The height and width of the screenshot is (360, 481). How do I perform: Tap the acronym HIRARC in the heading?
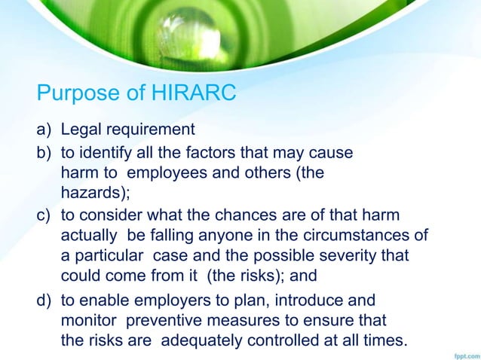188,93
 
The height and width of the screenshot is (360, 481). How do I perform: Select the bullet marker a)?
44,130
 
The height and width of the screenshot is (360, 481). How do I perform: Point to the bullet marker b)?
44,153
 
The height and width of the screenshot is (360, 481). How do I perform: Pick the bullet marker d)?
44,300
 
